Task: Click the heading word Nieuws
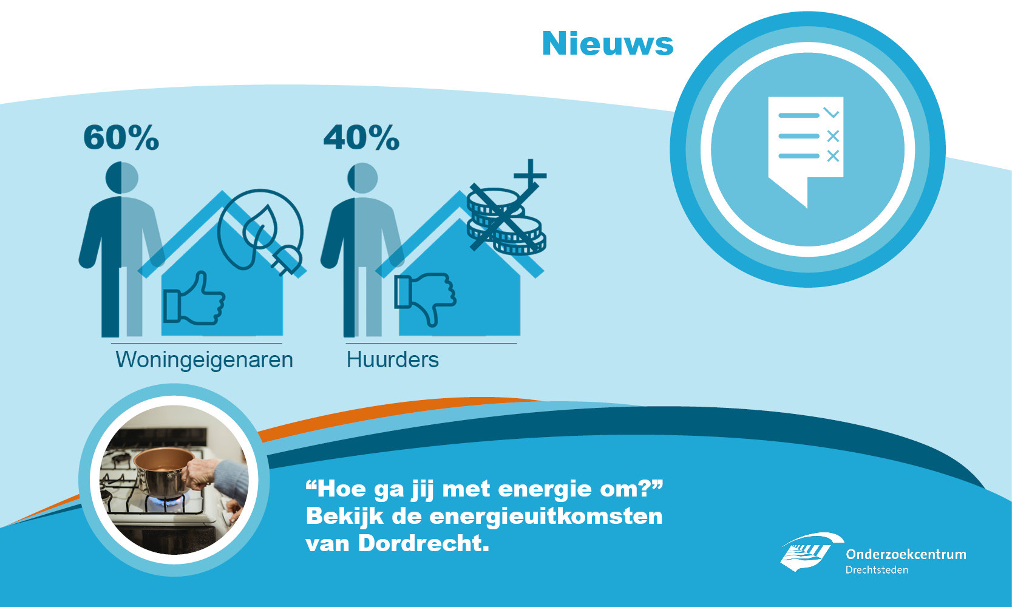coord(608,44)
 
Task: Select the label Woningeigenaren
coord(204,360)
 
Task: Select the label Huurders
coord(393,360)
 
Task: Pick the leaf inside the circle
coord(260,226)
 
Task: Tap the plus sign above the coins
coord(531,175)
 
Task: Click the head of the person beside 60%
coord(122,177)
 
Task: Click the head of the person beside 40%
coord(362,178)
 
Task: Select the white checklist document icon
coord(806,144)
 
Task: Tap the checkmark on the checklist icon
coord(831,112)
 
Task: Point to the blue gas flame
coord(165,502)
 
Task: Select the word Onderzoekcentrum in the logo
coord(906,554)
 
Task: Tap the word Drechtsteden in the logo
coord(877,570)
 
